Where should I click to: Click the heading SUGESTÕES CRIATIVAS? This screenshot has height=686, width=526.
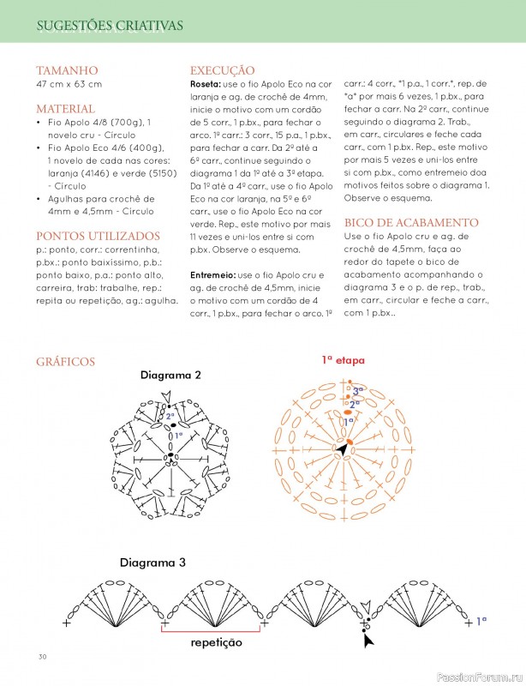(x=110, y=26)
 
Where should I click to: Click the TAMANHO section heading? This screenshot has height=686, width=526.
(x=67, y=70)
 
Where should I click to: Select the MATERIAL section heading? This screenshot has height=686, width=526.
(x=65, y=109)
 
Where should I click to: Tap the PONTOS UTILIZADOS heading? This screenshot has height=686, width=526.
(x=98, y=235)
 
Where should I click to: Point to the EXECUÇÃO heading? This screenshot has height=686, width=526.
(x=222, y=70)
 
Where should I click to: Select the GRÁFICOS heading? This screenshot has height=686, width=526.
(x=66, y=362)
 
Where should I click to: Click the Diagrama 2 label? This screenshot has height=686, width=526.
(x=170, y=376)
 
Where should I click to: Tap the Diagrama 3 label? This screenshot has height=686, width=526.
(x=152, y=563)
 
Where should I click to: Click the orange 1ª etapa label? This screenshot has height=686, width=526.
(x=343, y=360)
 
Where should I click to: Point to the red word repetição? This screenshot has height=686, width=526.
(x=215, y=641)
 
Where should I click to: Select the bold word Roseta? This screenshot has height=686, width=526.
(x=206, y=85)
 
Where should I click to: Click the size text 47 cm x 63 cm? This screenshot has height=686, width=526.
(x=69, y=84)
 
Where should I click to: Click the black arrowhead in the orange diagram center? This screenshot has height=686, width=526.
(x=343, y=448)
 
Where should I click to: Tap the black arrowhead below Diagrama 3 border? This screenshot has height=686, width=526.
(x=368, y=639)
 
